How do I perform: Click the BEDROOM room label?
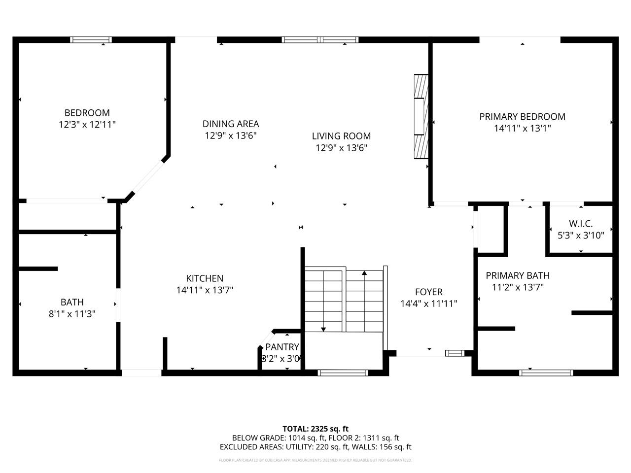point(87,113)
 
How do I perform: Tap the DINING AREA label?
point(230,124)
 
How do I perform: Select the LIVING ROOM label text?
point(341,136)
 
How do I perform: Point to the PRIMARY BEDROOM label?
point(522,116)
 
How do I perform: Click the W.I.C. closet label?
point(581,224)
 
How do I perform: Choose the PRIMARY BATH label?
point(517,275)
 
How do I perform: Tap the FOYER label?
point(428,292)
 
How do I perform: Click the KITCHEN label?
point(205,278)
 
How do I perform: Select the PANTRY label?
point(282,347)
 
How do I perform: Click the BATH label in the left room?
point(72,302)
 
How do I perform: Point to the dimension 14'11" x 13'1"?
point(522,128)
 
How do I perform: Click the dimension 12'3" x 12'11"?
point(87,125)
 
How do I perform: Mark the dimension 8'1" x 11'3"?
point(72,313)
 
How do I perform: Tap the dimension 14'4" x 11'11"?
point(428,304)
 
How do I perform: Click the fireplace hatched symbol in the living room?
point(421,117)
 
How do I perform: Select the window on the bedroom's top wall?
point(91,40)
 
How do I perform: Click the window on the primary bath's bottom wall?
point(546,372)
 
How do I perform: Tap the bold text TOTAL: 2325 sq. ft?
point(315,429)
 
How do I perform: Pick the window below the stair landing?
point(342,372)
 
